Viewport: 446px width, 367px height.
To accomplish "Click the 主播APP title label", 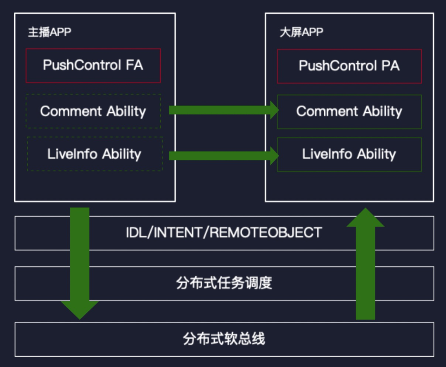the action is (50, 32).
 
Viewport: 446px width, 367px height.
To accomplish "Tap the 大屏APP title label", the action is (301, 32).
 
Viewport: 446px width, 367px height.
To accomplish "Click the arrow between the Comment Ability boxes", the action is (224, 110).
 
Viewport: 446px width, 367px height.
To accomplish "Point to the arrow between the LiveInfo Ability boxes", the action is (224, 156).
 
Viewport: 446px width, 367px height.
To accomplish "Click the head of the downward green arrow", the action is (80, 310).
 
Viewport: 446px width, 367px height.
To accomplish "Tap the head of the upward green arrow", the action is (365, 218).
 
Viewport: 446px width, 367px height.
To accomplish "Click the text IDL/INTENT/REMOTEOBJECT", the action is (224, 232).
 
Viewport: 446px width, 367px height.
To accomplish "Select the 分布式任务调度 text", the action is (224, 283).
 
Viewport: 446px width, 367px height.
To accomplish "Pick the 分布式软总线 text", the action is (224, 339).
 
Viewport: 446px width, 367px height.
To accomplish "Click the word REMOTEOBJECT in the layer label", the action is (266, 232).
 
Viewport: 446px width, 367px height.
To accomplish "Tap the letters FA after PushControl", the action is (134, 65).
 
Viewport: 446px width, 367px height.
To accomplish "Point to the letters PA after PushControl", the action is (391, 66).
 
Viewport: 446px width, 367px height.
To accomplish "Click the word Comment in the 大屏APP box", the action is (327, 111).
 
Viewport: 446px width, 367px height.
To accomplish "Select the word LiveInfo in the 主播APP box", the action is (72, 154).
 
